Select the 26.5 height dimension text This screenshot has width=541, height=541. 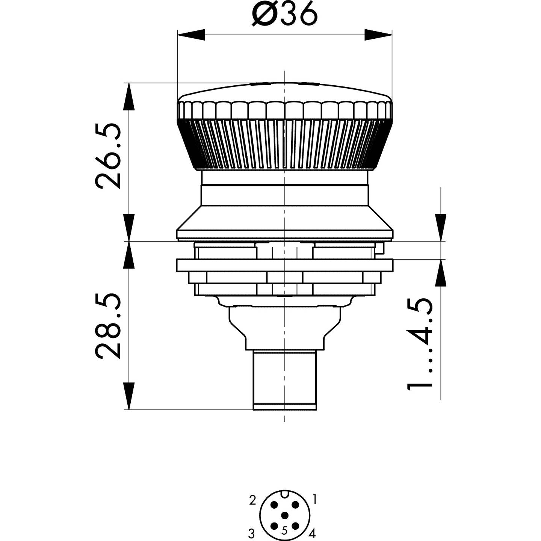pos(108,156)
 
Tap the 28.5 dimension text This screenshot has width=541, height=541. pos(108,326)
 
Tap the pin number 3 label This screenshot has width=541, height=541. pos(251,532)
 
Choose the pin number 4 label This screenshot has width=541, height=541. pos(312,532)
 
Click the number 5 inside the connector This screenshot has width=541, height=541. pos(284,530)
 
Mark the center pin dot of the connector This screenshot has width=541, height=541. pos(285,515)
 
